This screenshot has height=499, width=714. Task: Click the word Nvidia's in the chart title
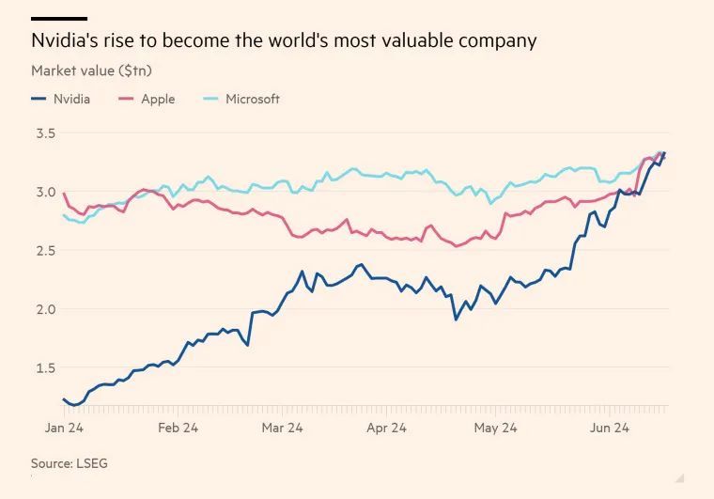65,41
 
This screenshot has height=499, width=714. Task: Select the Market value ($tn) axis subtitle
92,70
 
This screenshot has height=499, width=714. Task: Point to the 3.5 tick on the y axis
46,133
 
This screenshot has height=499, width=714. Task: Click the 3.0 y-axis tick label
46,192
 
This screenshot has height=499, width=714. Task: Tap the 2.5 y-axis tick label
46,250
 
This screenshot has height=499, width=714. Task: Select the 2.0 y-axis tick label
46,308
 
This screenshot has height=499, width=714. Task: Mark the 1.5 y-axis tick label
46,366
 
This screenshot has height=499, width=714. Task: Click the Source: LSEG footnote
70,463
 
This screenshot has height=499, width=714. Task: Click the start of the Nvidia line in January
64,399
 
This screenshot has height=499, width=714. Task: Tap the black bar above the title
59,18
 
